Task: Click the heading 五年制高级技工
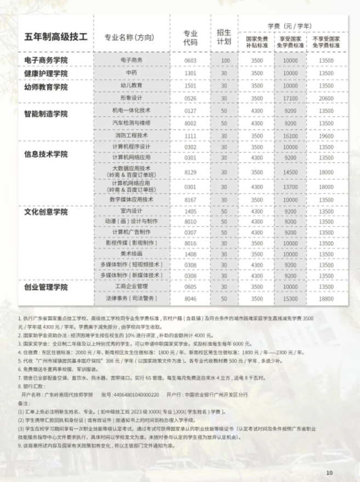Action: [x=56, y=37]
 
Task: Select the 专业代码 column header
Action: [x=190, y=37]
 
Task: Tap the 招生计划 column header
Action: [x=224, y=37]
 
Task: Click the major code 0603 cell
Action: [x=190, y=60]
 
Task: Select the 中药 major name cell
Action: [x=132, y=73]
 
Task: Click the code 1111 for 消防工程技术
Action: [x=190, y=135]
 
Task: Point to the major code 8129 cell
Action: [x=190, y=172]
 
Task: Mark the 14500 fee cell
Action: [x=292, y=172]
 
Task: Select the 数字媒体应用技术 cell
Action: [x=132, y=200]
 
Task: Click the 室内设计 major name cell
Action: [x=132, y=212]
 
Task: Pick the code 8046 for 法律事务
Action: [x=190, y=298]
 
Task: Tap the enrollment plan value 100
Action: [x=224, y=60]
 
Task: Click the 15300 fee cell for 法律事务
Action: [x=292, y=298]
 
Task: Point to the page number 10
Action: [x=329, y=473]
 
